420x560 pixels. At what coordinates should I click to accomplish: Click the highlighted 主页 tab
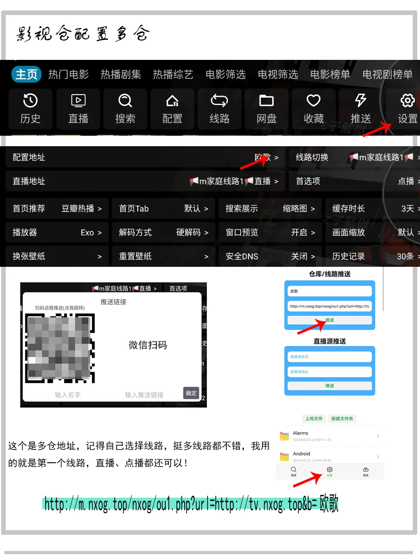tap(26, 74)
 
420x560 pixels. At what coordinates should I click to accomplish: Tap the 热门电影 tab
tap(68, 74)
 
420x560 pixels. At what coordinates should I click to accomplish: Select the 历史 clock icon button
tap(30, 108)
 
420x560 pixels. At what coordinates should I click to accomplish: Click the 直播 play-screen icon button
tap(78, 108)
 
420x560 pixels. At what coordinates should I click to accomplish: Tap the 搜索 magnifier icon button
tap(125, 108)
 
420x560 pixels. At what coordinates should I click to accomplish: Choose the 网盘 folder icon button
tap(266, 108)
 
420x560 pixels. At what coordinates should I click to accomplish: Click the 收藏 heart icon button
tap(313, 108)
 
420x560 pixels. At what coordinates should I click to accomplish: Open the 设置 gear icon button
tap(407, 108)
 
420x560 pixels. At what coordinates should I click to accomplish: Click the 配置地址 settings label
tap(29, 157)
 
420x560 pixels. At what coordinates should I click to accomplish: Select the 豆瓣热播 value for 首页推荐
tap(78, 209)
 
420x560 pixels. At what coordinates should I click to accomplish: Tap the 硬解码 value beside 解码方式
tap(188, 233)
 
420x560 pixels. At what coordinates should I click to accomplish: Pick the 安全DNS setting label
tap(242, 256)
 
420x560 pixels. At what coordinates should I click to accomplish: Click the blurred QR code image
tap(60, 348)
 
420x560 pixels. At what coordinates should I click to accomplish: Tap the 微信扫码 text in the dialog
tap(147, 345)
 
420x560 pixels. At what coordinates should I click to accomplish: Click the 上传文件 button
tap(313, 419)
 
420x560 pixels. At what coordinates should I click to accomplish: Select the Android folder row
tap(329, 457)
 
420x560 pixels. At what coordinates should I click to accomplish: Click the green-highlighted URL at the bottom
tap(191, 504)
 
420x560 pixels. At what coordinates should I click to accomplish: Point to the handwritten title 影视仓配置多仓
tap(82, 34)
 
